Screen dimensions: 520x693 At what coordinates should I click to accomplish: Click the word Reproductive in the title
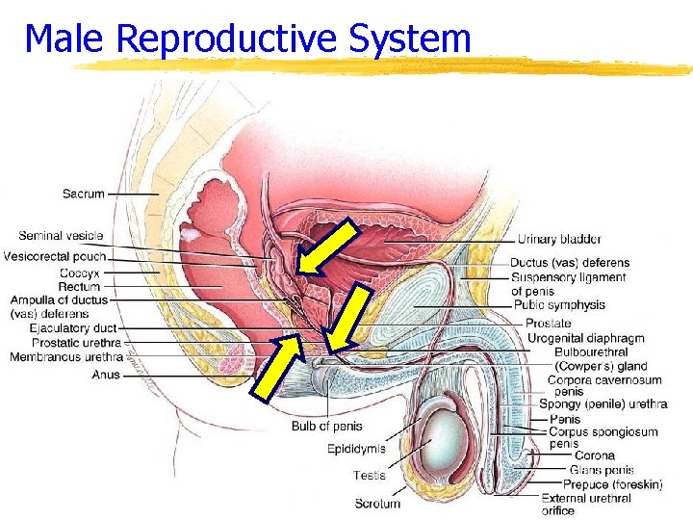click(226, 39)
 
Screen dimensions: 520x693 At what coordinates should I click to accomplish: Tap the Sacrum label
click(84, 194)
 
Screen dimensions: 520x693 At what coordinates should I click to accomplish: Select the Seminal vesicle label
click(61, 236)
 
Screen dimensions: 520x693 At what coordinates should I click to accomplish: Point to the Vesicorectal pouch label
click(55, 256)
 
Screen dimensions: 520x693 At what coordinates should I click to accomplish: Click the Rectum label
click(79, 286)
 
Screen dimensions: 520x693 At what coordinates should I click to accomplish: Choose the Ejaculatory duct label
click(73, 328)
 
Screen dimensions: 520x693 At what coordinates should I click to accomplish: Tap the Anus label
click(107, 375)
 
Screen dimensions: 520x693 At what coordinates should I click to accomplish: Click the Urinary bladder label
click(559, 239)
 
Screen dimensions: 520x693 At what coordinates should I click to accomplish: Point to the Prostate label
click(549, 324)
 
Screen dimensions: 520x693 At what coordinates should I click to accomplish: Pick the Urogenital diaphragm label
click(585, 338)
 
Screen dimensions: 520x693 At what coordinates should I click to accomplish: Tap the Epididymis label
click(356, 449)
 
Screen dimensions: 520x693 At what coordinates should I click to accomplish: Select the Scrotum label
click(377, 503)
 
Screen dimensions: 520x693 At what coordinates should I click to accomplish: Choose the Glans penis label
click(602, 470)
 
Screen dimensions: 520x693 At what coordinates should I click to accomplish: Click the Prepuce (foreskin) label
click(613, 484)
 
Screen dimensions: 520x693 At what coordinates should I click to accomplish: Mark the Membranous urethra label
click(66, 357)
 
